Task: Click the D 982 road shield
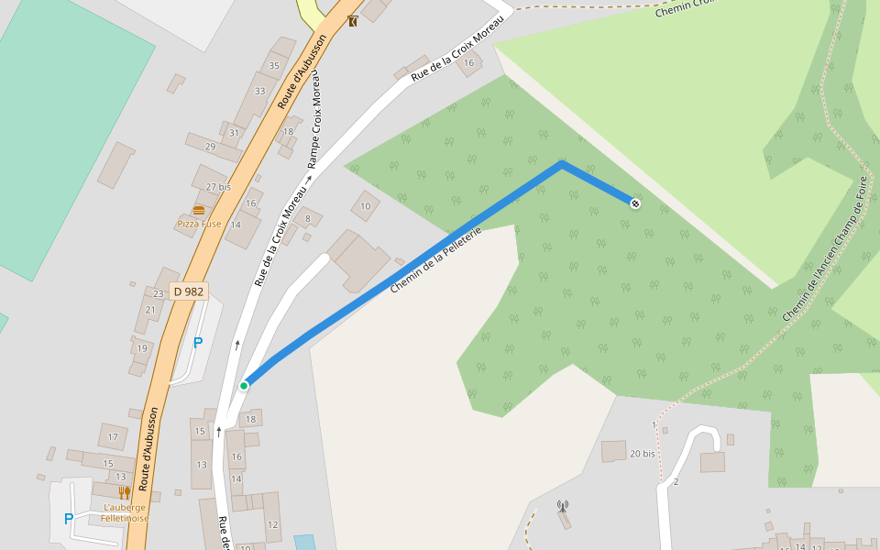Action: [189, 291]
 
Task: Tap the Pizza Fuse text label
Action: [199, 224]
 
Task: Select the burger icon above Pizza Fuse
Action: [199, 210]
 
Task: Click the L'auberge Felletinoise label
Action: [124, 512]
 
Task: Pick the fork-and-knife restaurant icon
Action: [124, 493]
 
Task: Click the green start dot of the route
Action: [244, 386]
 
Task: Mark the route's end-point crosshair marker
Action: [635, 203]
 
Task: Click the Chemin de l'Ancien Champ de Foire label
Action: [825, 248]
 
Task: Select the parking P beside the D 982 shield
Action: [197, 344]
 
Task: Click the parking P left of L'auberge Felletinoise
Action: [68, 519]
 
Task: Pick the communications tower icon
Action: [563, 506]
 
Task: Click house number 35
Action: [273, 66]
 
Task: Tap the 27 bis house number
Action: [218, 187]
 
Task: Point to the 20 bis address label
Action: [643, 454]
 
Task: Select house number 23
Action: [158, 294]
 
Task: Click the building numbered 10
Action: [365, 206]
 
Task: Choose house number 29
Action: [210, 147]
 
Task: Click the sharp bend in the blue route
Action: [562, 165]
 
